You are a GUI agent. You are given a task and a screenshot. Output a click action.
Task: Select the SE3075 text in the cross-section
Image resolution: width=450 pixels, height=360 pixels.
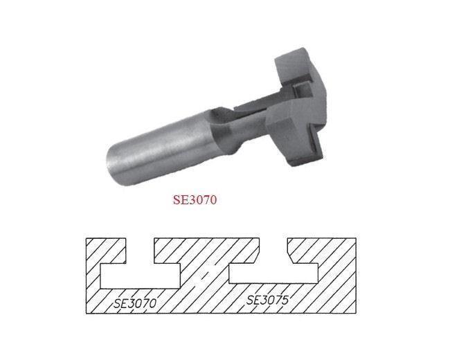(267, 300)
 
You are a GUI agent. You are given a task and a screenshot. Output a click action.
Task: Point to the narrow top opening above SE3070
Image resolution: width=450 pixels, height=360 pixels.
(141, 249)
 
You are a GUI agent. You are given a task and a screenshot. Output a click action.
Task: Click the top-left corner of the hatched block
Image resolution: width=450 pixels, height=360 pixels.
(86, 240)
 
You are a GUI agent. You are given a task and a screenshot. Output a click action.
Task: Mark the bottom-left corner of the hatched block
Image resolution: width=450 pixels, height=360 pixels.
(86, 313)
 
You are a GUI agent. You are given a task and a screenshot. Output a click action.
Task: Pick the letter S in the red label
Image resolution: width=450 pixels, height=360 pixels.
(176, 199)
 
